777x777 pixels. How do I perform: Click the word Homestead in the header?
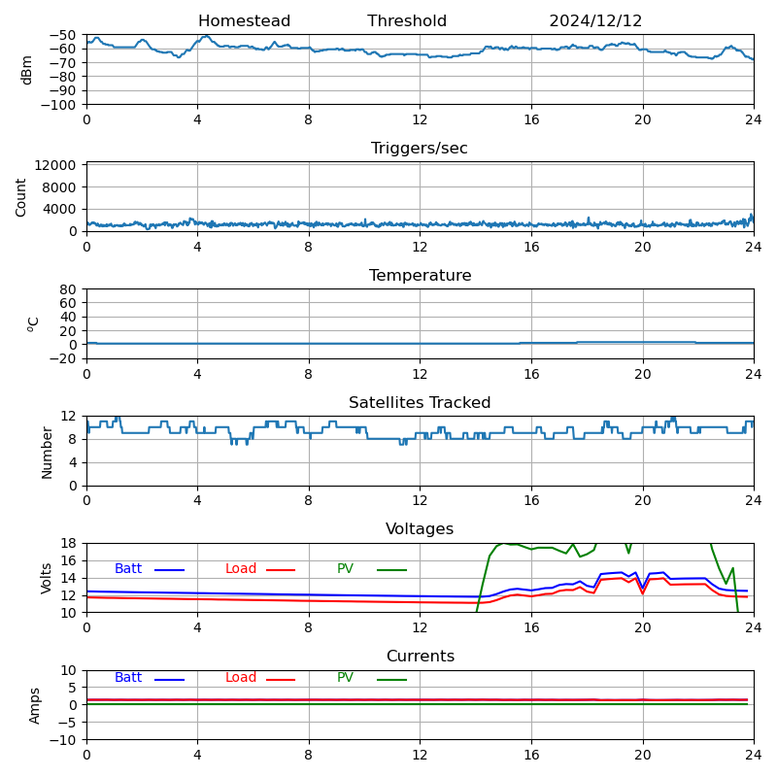coord(244,21)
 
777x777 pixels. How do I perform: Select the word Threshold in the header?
coord(407,21)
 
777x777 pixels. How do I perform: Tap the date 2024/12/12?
coord(595,21)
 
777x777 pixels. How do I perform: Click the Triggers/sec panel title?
coord(420,149)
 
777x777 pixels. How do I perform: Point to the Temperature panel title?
coord(420,276)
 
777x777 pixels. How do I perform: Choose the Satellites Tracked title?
coord(420,403)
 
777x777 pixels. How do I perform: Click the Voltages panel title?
coord(420,529)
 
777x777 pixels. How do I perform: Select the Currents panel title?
coord(420,657)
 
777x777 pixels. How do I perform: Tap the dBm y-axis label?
coord(27,70)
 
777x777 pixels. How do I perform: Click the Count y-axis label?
coord(21,196)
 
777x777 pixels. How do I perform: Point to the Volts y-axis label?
coord(47,578)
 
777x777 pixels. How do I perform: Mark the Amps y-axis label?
coord(35,705)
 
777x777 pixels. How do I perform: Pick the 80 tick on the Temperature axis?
coord(69,289)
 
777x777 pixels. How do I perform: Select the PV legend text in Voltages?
coord(346,569)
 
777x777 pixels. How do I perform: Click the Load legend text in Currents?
coord(241,678)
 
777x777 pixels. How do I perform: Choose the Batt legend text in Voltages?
coord(128,569)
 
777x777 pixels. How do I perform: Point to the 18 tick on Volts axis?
coord(69,544)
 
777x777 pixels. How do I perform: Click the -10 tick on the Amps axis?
coord(65,740)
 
